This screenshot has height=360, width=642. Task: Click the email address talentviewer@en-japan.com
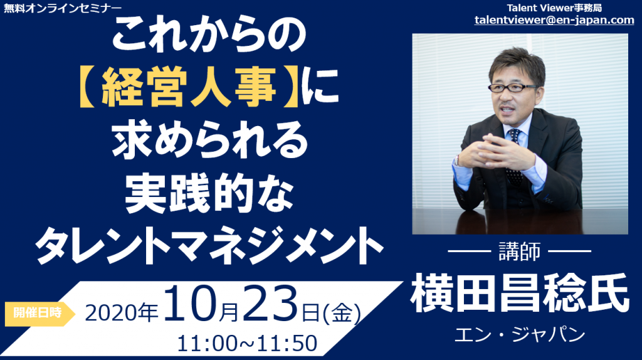point(554,19)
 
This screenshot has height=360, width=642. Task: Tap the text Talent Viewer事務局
point(554,8)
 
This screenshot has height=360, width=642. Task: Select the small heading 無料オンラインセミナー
point(63,8)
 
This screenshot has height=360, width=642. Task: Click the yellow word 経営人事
point(189,87)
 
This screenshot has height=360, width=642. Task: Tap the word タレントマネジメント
point(209,246)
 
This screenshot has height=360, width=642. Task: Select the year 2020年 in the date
point(122,314)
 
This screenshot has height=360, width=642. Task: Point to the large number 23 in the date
point(270,304)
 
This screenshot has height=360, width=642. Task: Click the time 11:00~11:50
point(247,343)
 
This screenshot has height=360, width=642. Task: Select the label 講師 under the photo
point(520,251)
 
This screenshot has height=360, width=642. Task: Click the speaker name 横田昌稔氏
point(520,294)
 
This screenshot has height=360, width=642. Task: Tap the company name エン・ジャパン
point(520,335)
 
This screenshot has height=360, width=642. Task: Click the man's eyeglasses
point(513,87)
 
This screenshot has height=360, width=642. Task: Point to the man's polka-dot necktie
point(514,155)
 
